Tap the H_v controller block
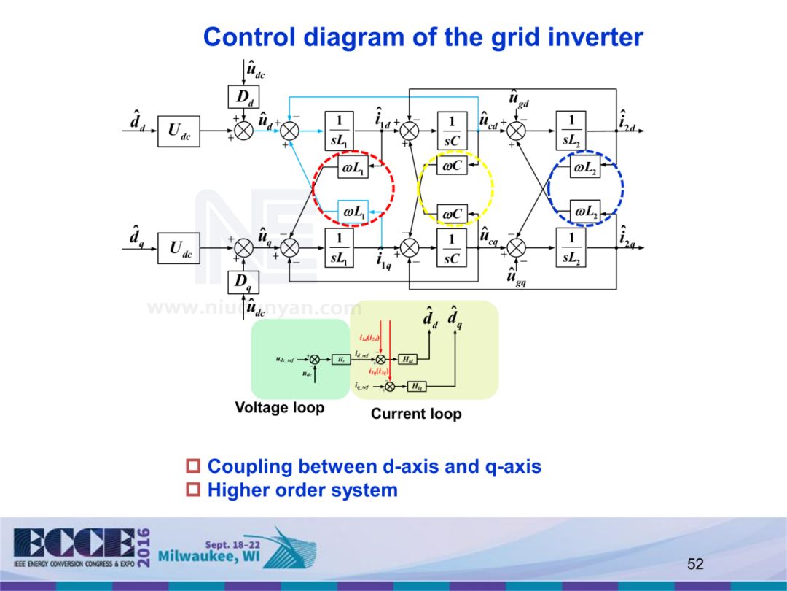click(x=341, y=359)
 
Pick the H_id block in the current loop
click(x=409, y=359)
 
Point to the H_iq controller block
click(x=417, y=386)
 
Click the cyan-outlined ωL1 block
click(x=353, y=212)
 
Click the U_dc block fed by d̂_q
click(x=179, y=249)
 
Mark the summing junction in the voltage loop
click(x=315, y=359)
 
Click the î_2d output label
click(x=627, y=121)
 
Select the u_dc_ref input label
click(x=285, y=360)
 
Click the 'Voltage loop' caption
click(x=279, y=408)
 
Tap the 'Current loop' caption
click(x=416, y=414)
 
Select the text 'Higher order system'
click(x=302, y=490)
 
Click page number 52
click(x=695, y=564)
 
